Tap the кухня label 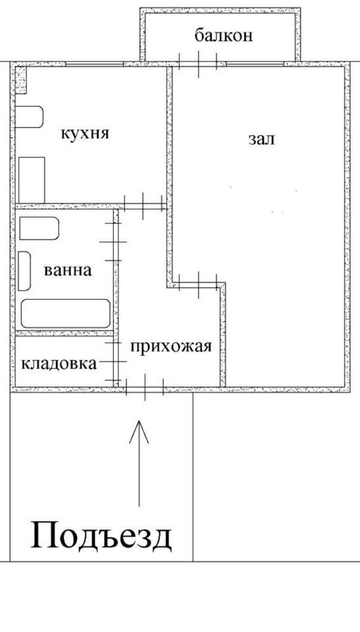click(x=85, y=133)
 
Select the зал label click(x=261, y=139)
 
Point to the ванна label click(x=68, y=270)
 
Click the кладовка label click(x=59, y=363)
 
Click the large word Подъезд click(x=101, y=537)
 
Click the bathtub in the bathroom click(x=66, y=313)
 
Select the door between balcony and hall click(x=198, y=63)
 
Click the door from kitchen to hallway click(x=143, y=206)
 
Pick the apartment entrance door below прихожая click(x=145, y=388)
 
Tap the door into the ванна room click(x=113, y=242)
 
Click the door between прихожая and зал click(x=198, y=285)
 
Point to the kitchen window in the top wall click(x=94, y=64)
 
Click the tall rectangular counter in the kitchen click(x=32, y=180)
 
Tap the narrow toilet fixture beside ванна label click(x=24, y=271)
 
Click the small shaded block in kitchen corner click(x=21, y=80)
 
